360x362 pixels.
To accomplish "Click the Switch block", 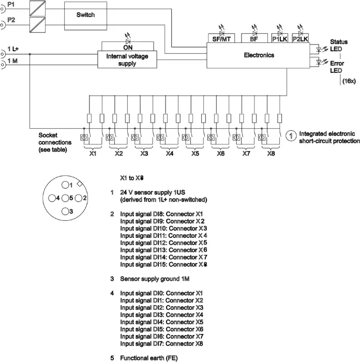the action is (85, 16).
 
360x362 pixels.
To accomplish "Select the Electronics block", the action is (258, 55).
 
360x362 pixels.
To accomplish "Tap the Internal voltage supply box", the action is (127, 59).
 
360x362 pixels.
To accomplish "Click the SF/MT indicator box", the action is (221, 38).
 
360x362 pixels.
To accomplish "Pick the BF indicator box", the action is (254, 38).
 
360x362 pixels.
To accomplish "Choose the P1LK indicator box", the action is (280, 38).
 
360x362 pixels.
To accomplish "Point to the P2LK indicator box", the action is (300, 38).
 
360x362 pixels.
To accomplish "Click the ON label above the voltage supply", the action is (128, 48).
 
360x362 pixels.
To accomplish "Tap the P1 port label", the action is (11, 4).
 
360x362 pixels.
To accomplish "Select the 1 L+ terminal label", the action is (13, 49).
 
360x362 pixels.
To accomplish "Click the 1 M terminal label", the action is (12, 61).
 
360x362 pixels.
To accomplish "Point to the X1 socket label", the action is (93, 154).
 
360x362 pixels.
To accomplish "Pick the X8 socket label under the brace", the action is (271, 154).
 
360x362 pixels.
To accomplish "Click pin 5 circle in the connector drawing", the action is (65, 198).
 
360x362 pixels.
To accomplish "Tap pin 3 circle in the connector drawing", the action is (65, 211).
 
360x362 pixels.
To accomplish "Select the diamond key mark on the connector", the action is (80, 184).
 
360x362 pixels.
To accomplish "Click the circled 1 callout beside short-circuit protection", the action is (291, 135).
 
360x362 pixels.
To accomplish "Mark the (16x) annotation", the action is (349, 81).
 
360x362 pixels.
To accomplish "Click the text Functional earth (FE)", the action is (149, 358).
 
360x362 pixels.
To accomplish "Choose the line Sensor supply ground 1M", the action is (155, 279).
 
